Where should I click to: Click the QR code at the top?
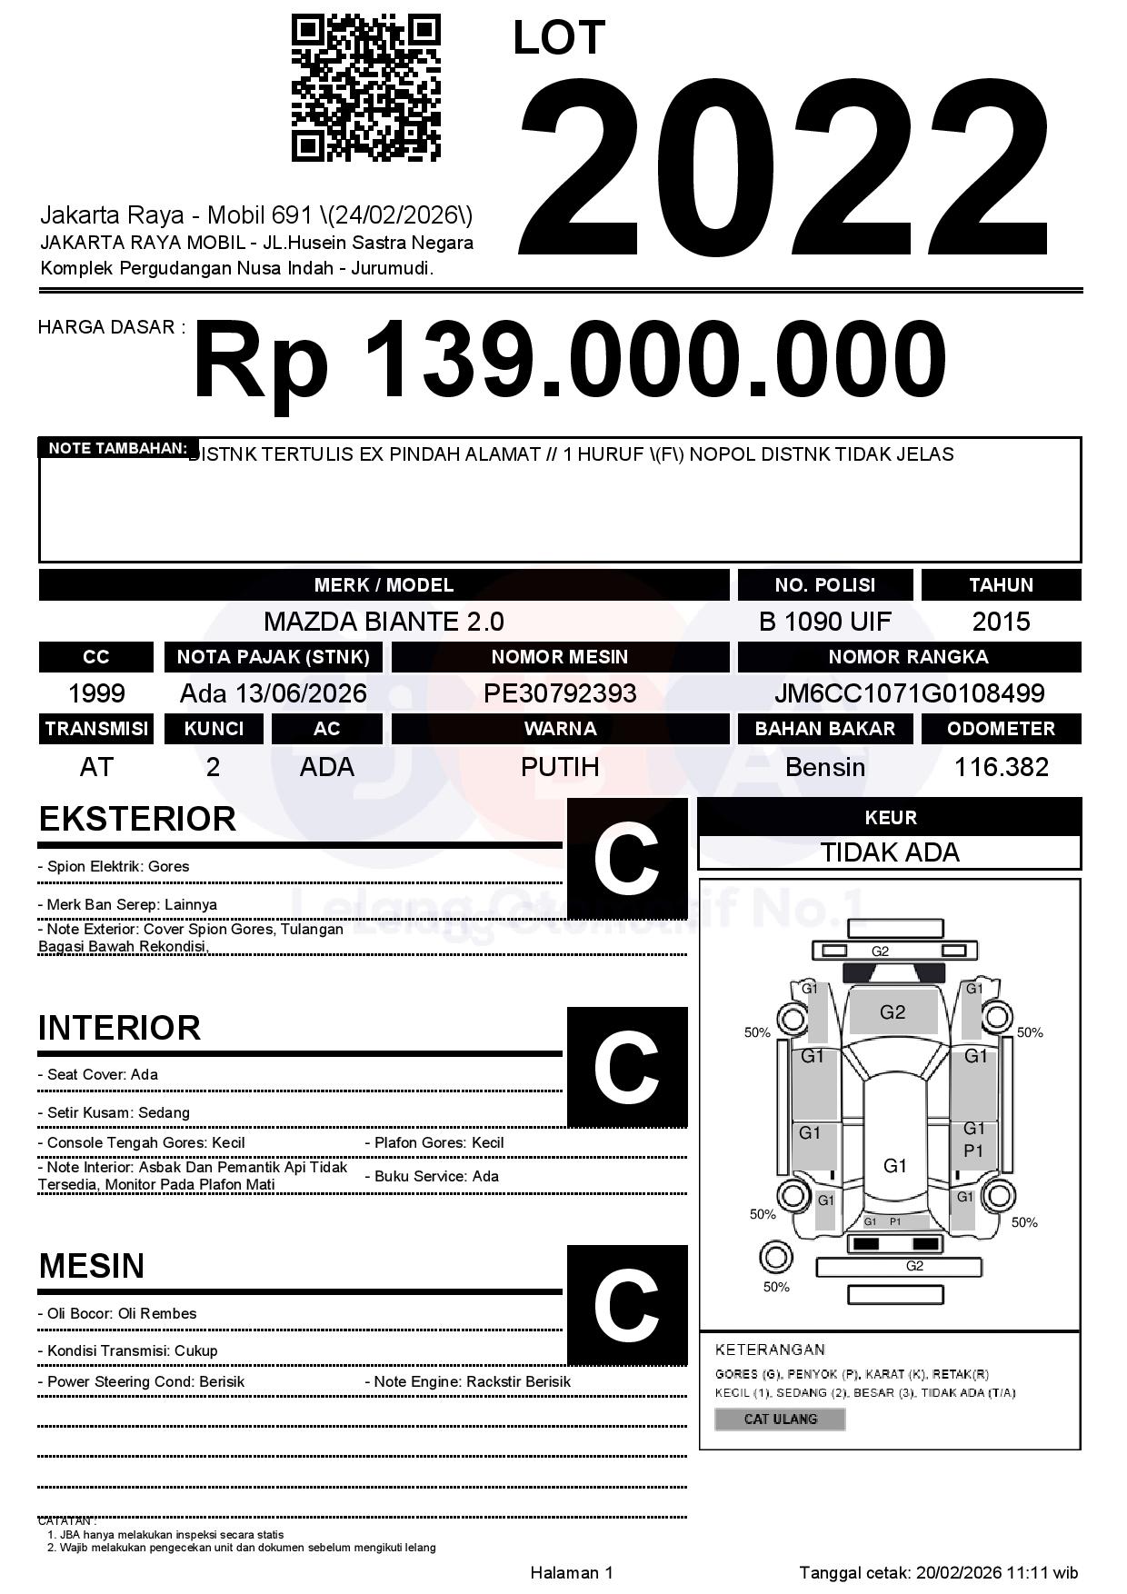(x=365, y=88)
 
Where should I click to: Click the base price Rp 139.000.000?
(x=569, y=361)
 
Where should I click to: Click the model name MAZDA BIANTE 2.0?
(x=384, y=622)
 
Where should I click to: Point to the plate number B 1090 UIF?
(x=824, y=622)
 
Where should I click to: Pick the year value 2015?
(x=1001, y=622)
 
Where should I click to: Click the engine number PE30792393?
(x=560, y=693)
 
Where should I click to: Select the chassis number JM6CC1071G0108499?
(x=909, y=693)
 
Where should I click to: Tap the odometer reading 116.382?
(x=1001, y=767)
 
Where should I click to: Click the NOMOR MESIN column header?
(x=560, y=657)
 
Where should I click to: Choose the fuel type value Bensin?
(x=824, y=767)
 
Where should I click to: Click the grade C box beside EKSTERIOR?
(x=626, y=859)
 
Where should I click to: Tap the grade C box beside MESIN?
(x=626, y=1305)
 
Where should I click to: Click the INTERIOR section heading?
(x=119, y=1028)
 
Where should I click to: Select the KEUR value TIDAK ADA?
(x=890, y=852)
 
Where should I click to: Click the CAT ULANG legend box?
(x=780, y=1419)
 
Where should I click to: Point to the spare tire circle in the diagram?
(x=775, y=1259)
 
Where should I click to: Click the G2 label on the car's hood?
(x=893, y=1012)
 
